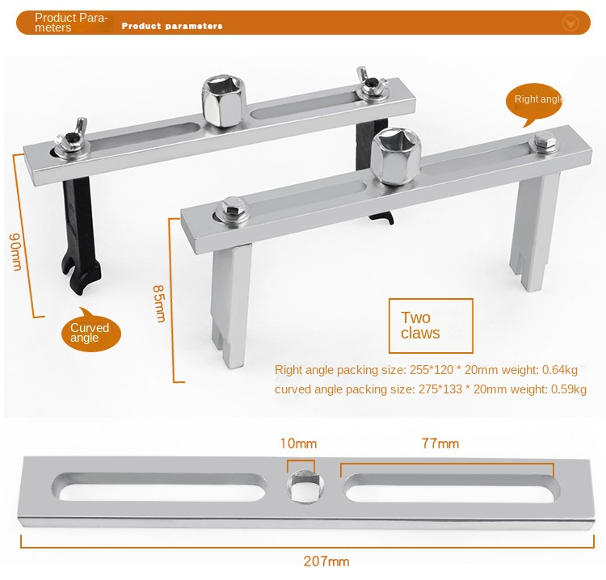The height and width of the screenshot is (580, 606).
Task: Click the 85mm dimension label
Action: [159, 303]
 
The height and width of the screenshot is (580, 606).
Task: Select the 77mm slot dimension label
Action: [440, 443]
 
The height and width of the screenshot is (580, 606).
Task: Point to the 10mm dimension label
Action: [298, 443]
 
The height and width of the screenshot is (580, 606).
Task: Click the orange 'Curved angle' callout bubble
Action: [90, 332]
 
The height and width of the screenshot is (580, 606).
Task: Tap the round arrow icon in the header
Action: [570, 23]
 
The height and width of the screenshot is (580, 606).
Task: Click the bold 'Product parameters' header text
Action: [171, 26]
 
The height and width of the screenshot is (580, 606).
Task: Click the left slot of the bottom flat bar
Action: [159, 488]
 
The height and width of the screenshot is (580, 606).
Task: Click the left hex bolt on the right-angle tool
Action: [234, 208]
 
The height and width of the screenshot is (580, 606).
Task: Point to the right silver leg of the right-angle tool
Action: [535, 230]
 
